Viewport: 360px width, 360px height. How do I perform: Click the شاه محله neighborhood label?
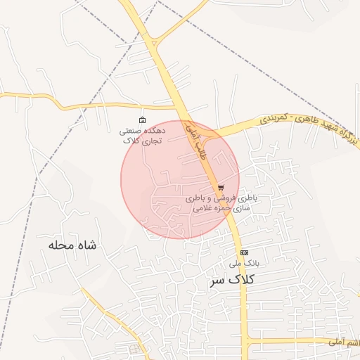[x=72, y=245]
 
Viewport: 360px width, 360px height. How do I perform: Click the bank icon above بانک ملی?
[x=244, y=252]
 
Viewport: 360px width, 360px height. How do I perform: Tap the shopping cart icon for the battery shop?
[x=221, y=188]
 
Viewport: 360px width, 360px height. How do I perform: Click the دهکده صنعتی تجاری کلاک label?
[x=143, y=135]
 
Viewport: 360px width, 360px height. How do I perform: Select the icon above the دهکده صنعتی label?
[x=143, y=120]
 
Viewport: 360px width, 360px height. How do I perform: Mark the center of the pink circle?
[x=180, y=179]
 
